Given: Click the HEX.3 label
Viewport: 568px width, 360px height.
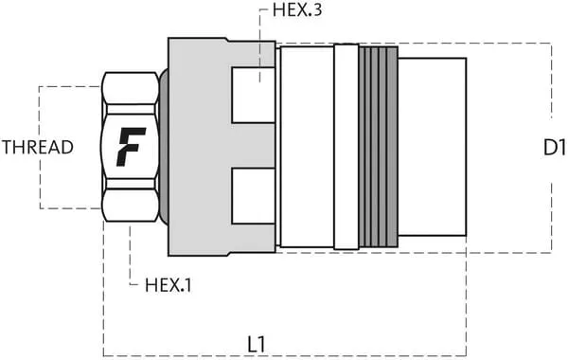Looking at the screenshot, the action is (x=296, y=9).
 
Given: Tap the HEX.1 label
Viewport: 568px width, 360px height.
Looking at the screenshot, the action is (x=168, y=285).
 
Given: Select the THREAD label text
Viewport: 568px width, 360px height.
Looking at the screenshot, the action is (x=38, y=147).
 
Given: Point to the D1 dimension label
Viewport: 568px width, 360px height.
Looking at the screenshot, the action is (x=554, y=148).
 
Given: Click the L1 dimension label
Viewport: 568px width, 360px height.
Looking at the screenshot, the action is (x=257, y=345).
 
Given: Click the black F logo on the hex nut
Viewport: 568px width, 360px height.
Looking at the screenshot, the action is (x=132, y=147).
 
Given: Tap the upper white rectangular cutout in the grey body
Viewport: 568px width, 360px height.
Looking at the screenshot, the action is (x=253, y=95).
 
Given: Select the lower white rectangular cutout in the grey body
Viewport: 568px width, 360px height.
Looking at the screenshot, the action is (x=253, y=196).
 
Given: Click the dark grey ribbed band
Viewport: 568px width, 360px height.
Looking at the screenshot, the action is (x=379, y=147).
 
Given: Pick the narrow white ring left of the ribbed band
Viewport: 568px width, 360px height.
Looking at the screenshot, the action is (x=346, y=147).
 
